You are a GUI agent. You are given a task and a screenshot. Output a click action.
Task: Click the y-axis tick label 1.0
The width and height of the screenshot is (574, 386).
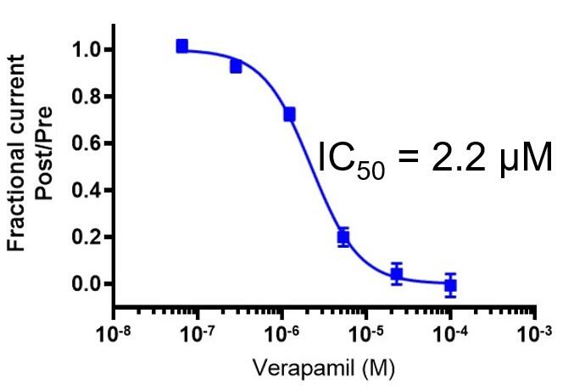coord(87,50)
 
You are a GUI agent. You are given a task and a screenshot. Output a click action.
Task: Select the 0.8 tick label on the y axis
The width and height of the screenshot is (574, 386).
coord(87,97)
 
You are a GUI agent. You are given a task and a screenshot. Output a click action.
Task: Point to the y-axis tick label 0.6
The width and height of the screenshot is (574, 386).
coord(87,143)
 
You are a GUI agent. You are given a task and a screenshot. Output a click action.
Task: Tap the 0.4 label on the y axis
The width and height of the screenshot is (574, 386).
coord(87,190)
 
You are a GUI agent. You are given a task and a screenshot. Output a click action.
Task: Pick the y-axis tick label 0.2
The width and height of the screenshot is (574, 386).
coord(87,237)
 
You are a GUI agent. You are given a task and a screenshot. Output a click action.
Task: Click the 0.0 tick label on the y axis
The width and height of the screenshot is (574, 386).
coord(87,283)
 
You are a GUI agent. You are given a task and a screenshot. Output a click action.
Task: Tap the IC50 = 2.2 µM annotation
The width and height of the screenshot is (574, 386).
coord(435,159)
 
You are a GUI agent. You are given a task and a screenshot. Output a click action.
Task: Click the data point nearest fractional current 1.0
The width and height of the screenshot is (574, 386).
coord(182,46)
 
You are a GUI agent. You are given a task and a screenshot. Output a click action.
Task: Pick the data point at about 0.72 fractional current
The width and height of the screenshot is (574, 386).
coord(289,114)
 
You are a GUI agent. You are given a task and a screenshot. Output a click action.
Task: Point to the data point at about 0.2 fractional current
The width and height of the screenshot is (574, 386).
coord(343,238)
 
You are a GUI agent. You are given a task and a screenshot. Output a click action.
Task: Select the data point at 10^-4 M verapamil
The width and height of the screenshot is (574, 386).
coord(450,285)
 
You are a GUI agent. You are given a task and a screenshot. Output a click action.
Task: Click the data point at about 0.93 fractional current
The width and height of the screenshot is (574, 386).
coord(236,65)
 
